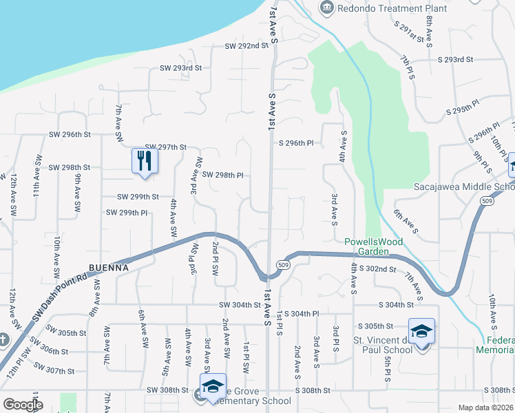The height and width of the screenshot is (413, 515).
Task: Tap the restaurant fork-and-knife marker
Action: (x=145, y=161)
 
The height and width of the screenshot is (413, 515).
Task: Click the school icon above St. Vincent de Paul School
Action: (x=421, y=331)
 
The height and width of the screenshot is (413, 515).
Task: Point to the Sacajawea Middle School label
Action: (x=463, y=187)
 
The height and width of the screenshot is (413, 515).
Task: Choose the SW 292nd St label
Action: (x=246, y=46)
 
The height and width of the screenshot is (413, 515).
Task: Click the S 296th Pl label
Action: (x=296, y=143)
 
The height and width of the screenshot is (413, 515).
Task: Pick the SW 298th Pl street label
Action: (x=222, y=176)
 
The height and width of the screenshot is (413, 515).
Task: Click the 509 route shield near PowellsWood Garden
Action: (x=284, y=264)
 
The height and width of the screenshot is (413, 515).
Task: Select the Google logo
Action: (x=23, y=405)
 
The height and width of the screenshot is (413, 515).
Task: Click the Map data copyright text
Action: (x=486, y=407)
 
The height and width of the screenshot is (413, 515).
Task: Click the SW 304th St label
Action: (x=242, y=305)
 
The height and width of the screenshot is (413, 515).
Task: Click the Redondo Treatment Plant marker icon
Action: (x=326, y=7)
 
